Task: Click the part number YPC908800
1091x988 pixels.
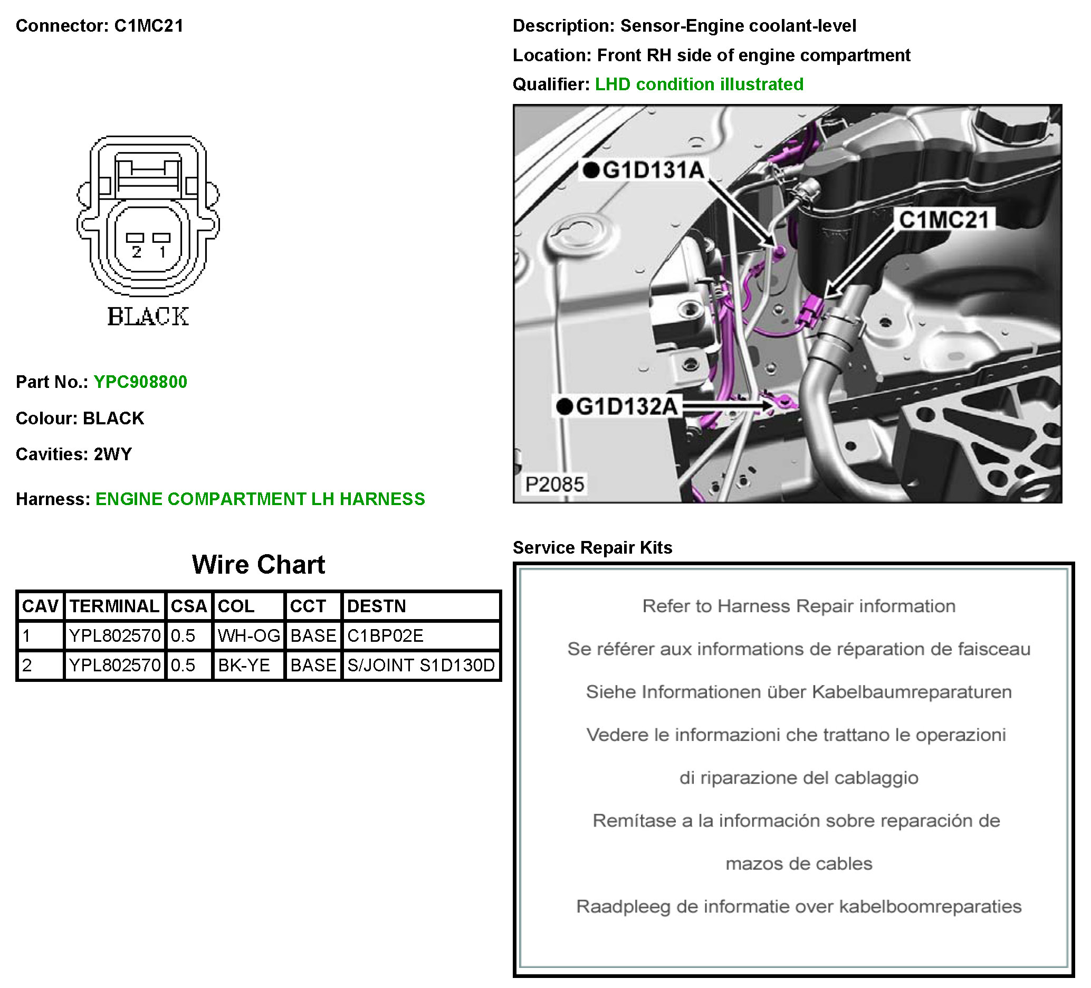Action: coord(140,382)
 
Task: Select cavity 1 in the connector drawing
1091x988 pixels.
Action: coord(161,238)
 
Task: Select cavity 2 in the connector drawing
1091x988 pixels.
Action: coord(135,238)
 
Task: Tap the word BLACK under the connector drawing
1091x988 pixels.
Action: coord(148,317)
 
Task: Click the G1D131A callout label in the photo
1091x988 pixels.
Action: coord(653,170)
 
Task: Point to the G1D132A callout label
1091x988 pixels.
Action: coord(626,406)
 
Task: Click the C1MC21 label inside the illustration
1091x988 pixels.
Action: coord(944,220)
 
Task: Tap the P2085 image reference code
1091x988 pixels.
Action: coord(554,484)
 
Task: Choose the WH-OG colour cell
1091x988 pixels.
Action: coord(248,635)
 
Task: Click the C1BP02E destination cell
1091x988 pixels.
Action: coord(385,635)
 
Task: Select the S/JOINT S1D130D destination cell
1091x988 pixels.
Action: coord(420,665)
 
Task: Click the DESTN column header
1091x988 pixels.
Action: coord(376,606)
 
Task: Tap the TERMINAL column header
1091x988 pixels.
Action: coord(114,606)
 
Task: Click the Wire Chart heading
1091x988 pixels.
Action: coord(258,565)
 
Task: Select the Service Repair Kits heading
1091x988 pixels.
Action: coord(592,547)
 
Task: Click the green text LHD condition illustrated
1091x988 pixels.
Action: coord(698,84)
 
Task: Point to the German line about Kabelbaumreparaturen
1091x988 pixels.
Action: coord(798,692)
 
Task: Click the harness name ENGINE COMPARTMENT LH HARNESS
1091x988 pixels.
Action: coord(260,499)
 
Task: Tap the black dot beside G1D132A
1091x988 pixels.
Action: coord(564,406)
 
